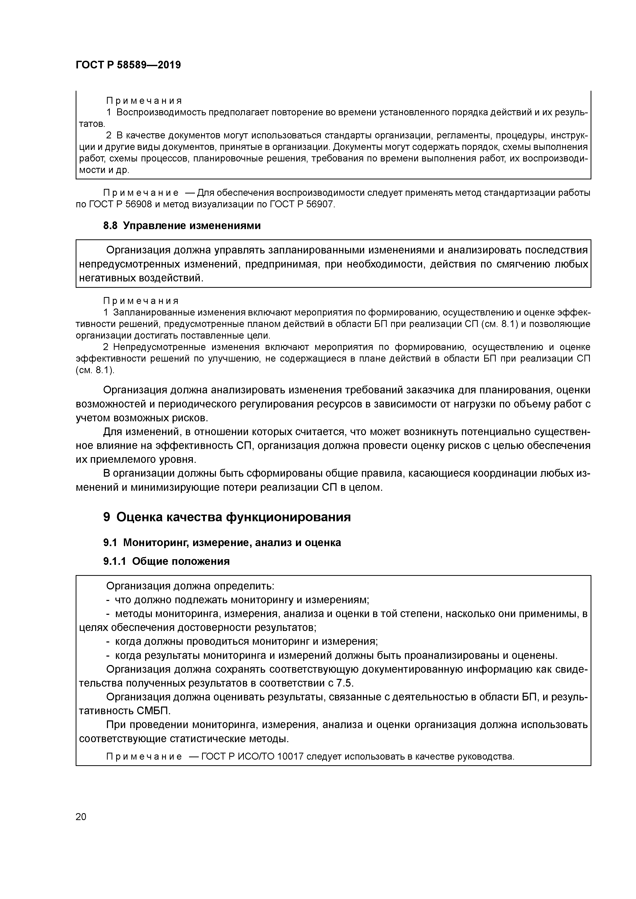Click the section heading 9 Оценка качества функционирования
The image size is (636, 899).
[227, 517]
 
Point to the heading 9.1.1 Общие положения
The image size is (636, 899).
[166, 561]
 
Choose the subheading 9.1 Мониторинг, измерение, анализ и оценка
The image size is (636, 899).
[222, 543]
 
